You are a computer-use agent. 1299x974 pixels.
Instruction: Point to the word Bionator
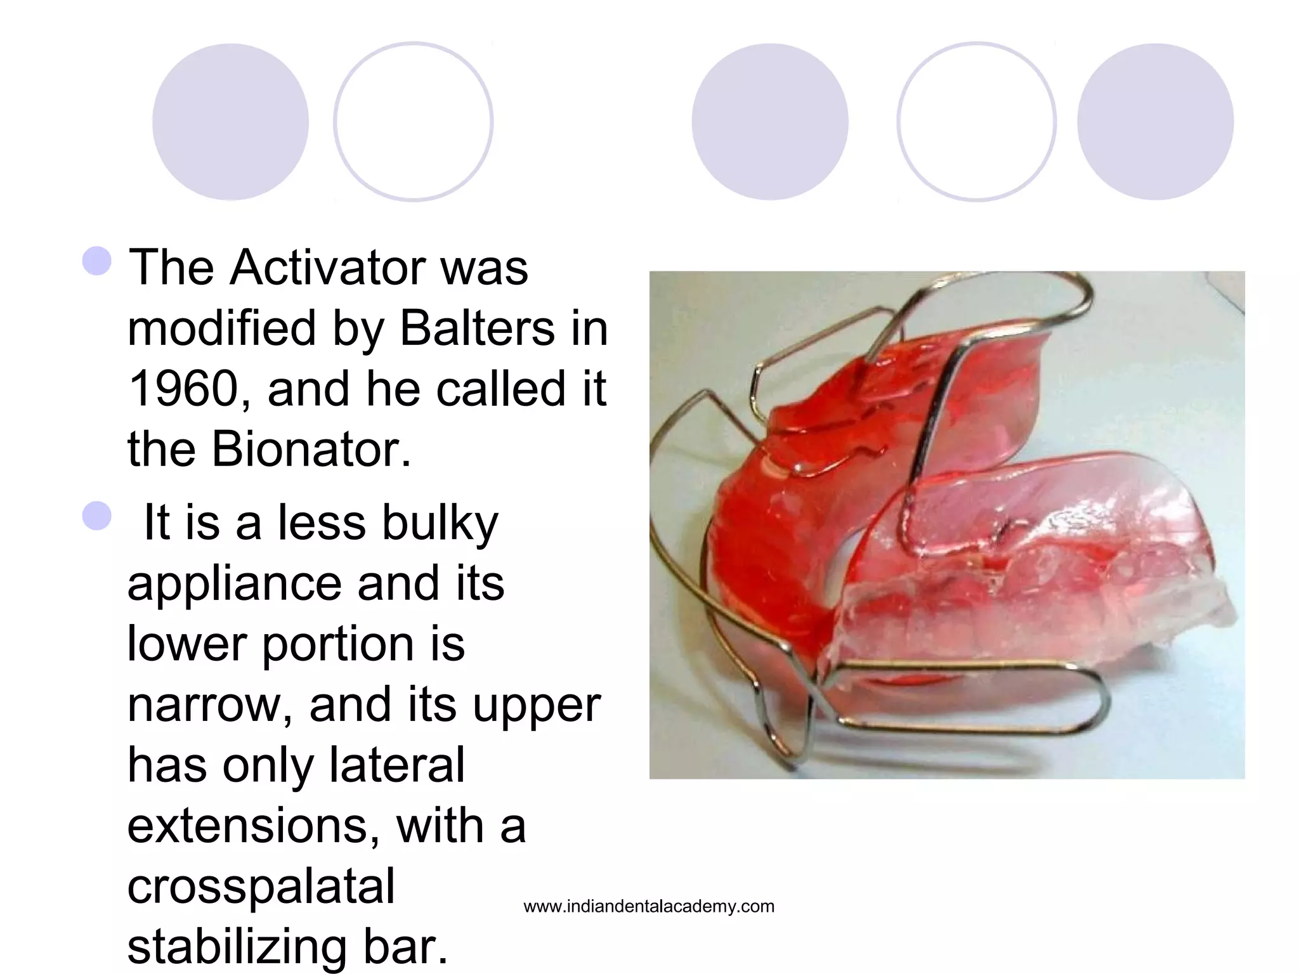[x=311, y=450]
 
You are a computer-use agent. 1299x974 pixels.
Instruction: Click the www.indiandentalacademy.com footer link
[x=649, y=906]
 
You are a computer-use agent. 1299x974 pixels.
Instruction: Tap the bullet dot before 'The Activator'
[x=97, y=261]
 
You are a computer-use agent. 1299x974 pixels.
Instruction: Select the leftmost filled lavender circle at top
[x=230, y=122]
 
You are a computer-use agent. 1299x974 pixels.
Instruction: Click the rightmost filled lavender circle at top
[x=1155, y=122]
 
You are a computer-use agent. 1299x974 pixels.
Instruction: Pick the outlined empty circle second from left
[x=413, y=122]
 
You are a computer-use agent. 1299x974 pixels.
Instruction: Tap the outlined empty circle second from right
[x=976, y=122]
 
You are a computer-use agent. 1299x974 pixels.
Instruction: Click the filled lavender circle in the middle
[x=769, y=122]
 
